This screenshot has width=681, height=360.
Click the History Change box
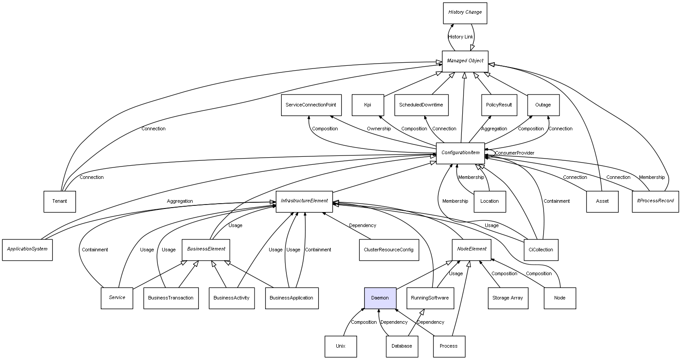click(x=464, y=13)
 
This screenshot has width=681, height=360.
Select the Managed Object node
click(x=465, y=61)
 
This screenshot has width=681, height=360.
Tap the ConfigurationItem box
click(x=460, y=153)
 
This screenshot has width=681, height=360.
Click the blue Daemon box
click(x=380, y=298)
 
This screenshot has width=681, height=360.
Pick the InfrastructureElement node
click(x=304, y=201)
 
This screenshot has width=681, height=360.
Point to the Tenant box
click(x=60, y=201)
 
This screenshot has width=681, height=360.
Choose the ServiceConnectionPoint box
click(x=311, y=105)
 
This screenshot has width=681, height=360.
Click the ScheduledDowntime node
click(x=421, y=105)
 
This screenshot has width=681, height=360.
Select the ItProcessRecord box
click(x=655, y=201)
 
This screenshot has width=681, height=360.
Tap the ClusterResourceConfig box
click(x=388, y=250)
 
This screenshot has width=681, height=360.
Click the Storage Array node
click(x=507, y=298)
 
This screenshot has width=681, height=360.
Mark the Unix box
click(x=340, y=346)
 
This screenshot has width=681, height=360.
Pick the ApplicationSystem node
click(x=27, y=250)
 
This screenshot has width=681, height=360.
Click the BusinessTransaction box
click(x=171, y=298)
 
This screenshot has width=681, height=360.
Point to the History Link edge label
click(x=460, y=37)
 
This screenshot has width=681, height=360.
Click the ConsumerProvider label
click(x=514, y=153)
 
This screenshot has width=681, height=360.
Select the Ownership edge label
click(x=379, y=129)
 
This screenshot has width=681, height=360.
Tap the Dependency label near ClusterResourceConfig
click(x=362, y=225)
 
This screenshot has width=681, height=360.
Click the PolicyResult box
click(x=499, y=105)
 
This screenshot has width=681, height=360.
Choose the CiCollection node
click(x=540, y=250)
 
